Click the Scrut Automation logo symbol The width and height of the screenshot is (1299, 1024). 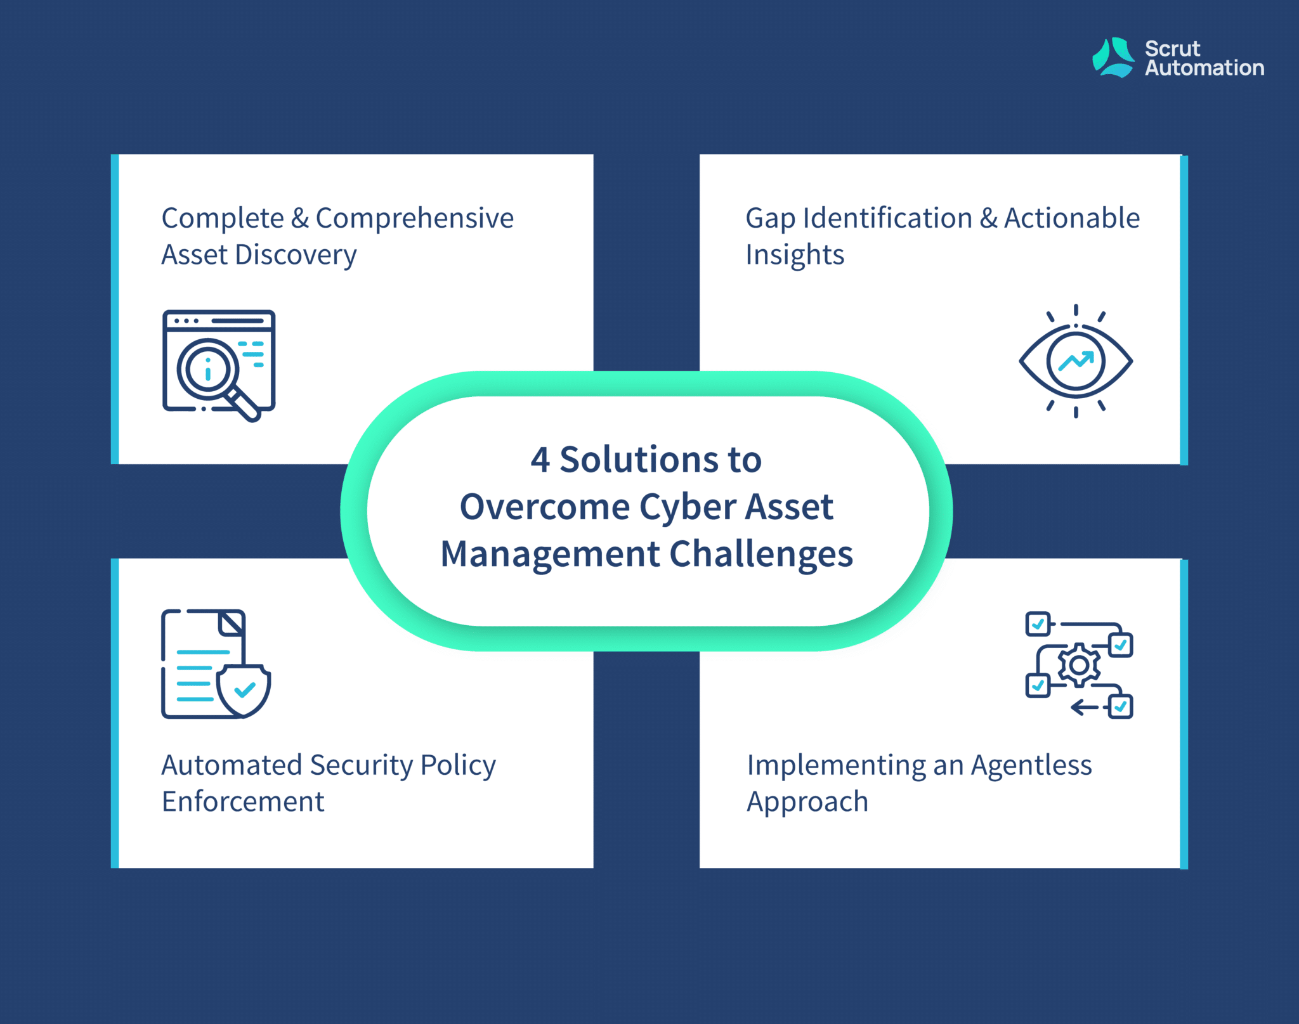pos(1113,58)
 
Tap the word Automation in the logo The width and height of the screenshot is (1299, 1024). pos(1204,68)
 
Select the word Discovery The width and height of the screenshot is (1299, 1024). pos(296,256)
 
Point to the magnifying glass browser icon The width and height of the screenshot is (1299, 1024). pos(219,365)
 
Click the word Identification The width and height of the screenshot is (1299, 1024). pos(887,218)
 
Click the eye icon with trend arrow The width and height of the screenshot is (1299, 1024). pos(1076,361)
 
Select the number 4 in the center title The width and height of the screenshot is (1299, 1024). pos(540,460)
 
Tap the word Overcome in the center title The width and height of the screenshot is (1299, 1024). pos(545,507)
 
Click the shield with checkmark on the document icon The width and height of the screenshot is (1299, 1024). pos(244,690)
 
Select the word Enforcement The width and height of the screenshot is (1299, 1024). pos(243,801)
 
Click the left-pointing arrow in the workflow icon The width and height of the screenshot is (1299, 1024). pos(1084,707)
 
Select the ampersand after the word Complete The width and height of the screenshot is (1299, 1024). pos(300,219)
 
